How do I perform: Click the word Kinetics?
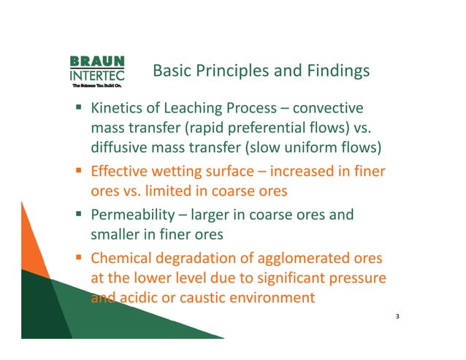[116, 110]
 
